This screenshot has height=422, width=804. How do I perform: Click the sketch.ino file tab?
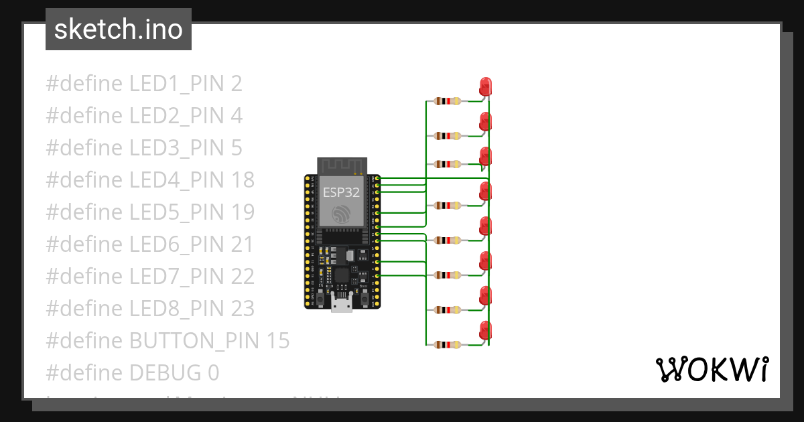(119, 29)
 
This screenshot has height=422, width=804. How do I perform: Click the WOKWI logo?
(712, 369)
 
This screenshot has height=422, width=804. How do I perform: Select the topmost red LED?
(486, 86)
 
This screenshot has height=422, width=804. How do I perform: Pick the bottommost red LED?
(486, 330)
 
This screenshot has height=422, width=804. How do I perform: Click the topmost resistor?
(448, 101)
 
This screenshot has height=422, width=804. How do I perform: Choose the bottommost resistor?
(448, 345)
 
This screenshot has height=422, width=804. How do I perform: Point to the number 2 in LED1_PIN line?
(236, 84)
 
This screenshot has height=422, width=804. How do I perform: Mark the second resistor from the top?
(448, 136)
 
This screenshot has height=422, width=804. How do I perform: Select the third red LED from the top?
(486, 156)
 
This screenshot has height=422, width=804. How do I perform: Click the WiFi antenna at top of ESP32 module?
(342, 165)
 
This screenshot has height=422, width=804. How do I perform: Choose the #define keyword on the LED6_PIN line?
(84, 244)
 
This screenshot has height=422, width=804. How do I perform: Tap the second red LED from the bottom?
(486, 295)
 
